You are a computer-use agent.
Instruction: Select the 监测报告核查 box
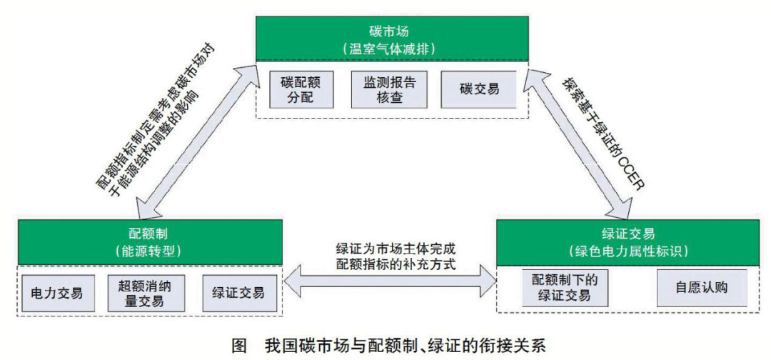tap(388, 89)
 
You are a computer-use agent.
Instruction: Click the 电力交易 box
tap(57, 293)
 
